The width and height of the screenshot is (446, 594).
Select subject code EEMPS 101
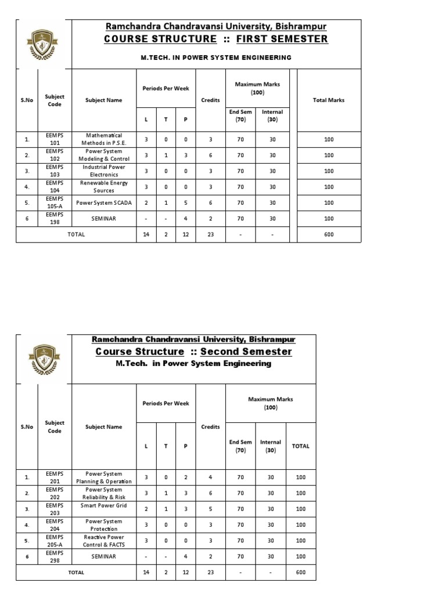55,139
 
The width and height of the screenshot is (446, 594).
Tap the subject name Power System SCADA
103,202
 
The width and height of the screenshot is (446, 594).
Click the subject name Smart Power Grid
103,505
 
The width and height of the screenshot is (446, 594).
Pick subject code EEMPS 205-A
55,541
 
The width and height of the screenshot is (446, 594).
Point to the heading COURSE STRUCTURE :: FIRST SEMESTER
215,39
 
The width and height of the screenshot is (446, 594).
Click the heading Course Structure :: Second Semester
194,352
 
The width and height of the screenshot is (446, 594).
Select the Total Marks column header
329,100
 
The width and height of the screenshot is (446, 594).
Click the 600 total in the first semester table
329,234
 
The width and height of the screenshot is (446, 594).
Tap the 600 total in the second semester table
300,572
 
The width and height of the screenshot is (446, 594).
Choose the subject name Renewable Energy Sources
103,187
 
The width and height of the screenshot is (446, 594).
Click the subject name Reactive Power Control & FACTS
103,541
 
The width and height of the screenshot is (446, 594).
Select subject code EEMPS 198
55,218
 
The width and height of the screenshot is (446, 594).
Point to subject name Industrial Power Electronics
103,171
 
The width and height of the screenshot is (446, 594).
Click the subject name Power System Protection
103,525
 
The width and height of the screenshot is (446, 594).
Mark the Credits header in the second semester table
210,427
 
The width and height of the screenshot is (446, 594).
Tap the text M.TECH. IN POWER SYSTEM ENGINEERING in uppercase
215,58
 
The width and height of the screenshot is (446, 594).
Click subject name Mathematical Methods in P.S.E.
103,139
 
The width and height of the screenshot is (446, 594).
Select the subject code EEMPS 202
55,493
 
